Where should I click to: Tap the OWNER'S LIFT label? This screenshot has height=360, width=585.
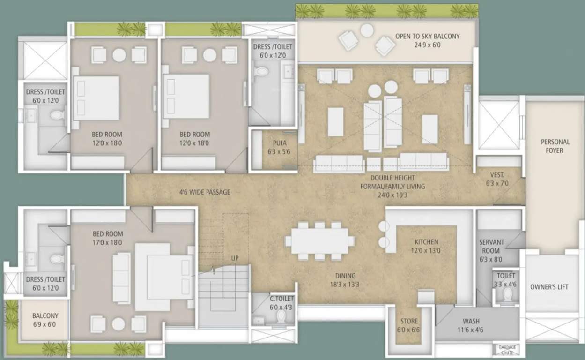tap(549, 287)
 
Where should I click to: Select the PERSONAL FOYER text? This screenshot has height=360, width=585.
tap(555, 146)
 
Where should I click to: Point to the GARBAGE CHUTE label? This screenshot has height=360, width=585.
tap(506, 349)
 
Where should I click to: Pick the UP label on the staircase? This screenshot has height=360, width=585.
tap(234, 258)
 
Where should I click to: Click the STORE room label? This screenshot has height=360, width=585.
tap(408, 321)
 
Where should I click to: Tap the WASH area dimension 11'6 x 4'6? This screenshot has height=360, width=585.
tap(471, 330)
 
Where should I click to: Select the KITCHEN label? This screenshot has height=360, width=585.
tap(426, 242)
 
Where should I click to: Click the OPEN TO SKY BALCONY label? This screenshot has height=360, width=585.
tap(427, 36)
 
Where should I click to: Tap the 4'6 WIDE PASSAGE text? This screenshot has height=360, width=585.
tap(205, 192)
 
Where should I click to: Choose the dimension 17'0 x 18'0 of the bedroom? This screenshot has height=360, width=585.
tap(107, 242)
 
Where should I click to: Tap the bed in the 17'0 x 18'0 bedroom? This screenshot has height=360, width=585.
tap(164, 277)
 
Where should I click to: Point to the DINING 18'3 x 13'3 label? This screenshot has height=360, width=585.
tap(345, 280)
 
